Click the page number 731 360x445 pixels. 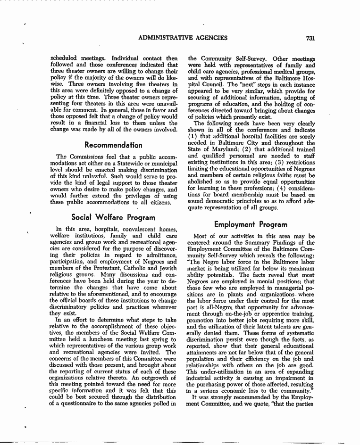[x=310, y=38]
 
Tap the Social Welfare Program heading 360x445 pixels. [x=113, y=217]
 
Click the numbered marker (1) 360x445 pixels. [x=193, y=136]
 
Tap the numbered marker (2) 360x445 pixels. [x=252, y=149]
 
